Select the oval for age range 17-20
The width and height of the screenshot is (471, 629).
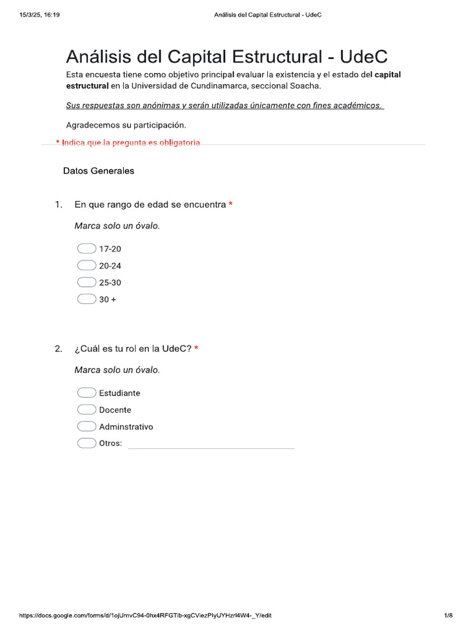click(x=86, y=249)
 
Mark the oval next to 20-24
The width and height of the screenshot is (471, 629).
click(x=86, y=265)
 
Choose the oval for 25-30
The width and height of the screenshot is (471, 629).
click(x=86, y=283)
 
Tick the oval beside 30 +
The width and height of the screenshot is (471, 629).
click(x=86, y=299)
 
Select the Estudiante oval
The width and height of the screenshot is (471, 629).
click(x=86, y=393)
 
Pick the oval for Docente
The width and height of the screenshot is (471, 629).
click(x=86, y=410)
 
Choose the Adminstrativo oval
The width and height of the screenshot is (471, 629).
click(x=86, y=426)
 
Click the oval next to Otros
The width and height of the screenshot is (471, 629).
click(x=86, y=443)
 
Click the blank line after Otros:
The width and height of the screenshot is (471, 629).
click(x=210, y=444)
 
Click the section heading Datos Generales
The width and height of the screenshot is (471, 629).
click(x=98, y=171)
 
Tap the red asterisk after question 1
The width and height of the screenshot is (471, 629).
click(x=231, y=205)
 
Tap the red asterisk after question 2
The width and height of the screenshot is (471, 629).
click(x=196, y=349)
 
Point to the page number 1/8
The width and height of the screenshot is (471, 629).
click(x=448, y=615)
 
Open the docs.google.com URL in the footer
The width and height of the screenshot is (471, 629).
click(x=145, y=615)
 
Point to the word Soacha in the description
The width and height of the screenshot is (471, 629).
click(x=305, y=85)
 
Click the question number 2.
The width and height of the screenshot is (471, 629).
click(x=58, y=349)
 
